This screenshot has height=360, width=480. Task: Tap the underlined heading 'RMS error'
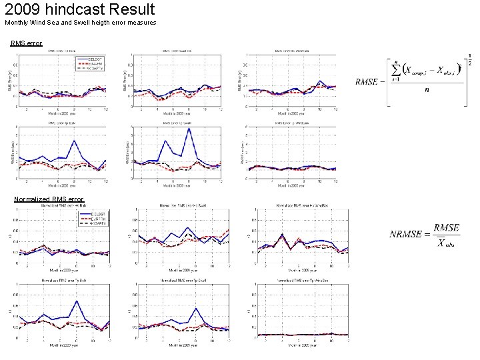point(27,43)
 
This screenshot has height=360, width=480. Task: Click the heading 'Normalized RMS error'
point(49,199)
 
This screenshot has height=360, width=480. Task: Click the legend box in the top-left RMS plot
point(91,63)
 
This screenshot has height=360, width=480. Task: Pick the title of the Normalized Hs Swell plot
point(179,205)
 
